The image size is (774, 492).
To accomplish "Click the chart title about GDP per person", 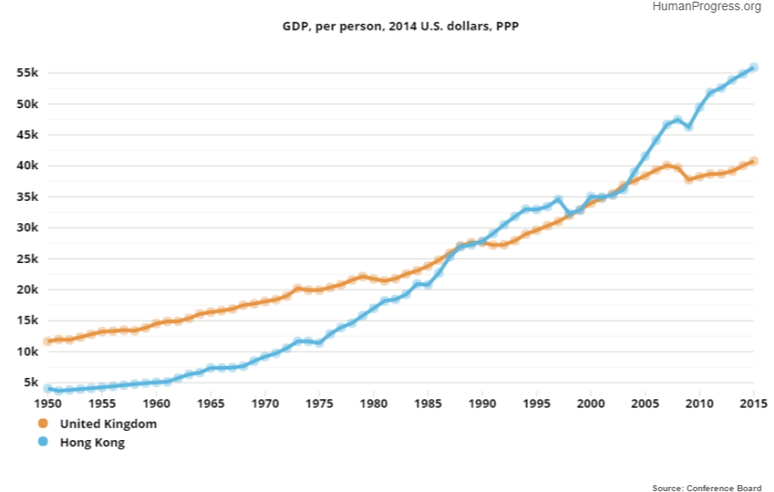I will [x=401, y=27].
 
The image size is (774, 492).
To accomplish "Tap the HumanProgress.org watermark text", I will [x=707, y=7].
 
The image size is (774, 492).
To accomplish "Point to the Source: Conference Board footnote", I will [x=707, y=488].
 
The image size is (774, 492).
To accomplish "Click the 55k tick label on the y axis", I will [x=28, y=73].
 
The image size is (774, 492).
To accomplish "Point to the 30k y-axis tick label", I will [x=28, y=228].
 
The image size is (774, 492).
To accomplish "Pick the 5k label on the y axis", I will [x=32, y=382].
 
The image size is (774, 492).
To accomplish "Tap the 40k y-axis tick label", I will [x=28, y=166].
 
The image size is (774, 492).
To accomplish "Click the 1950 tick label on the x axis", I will [x=49, y=403].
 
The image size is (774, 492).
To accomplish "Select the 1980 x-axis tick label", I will [x=374, y=403].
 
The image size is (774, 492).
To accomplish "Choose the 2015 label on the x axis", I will [x=754, y=403].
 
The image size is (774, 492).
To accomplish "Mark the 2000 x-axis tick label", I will [x=591, y=403].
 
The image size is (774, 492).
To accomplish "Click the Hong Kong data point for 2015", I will [x=754, y=67].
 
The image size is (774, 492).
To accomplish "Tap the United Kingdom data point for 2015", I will [x=754, y=161].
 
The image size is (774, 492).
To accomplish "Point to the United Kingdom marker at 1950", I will [x=49, y=340].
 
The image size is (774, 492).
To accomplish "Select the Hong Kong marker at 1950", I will [x=49, y=388].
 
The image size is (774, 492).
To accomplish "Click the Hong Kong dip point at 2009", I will [x=689, y=126].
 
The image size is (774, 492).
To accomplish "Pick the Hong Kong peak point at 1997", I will [x=558, y=200].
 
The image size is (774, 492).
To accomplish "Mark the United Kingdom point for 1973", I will [x=297, y=289].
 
